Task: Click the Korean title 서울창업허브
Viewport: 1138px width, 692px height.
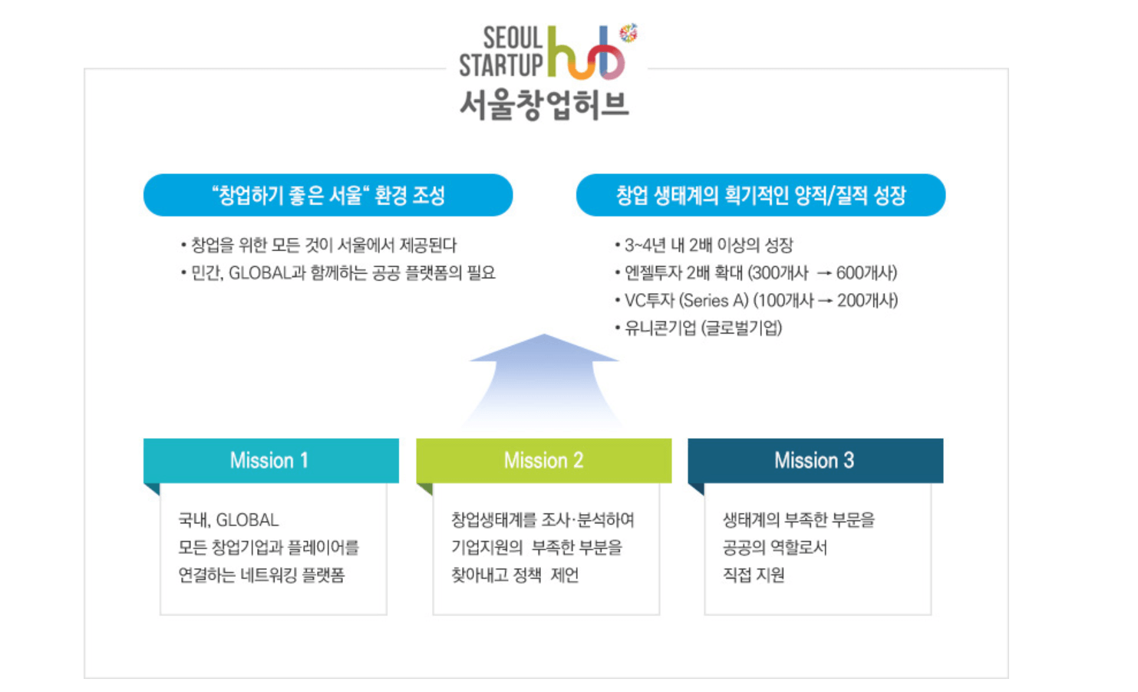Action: [544, 104]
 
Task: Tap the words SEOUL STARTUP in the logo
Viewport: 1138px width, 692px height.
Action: [502, 52]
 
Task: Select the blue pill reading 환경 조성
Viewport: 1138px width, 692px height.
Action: [328, 196]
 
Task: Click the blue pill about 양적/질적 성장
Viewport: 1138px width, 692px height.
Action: [760, 196]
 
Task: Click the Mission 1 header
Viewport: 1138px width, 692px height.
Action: [270, 460]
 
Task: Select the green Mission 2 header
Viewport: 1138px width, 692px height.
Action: [543, 460]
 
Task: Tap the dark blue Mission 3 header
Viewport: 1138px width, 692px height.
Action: [815, 460]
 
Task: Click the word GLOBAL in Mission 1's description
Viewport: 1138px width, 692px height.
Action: [247, 520]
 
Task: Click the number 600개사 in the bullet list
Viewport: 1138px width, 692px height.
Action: [866, 273]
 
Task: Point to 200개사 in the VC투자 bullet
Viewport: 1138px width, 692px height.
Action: [867, 301]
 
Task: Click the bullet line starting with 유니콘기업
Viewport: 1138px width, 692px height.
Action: [702, 328]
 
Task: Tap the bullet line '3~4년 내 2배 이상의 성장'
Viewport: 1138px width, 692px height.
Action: [708, 245]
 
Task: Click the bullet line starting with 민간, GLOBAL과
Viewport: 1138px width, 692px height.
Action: [342, 273]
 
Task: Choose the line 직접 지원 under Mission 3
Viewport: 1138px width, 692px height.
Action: [754, 575]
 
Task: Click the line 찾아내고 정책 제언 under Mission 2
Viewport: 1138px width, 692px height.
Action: [515, 575]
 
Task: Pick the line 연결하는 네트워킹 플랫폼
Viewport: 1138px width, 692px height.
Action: [262, 575]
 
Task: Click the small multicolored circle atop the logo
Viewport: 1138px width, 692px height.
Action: [628, 32]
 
